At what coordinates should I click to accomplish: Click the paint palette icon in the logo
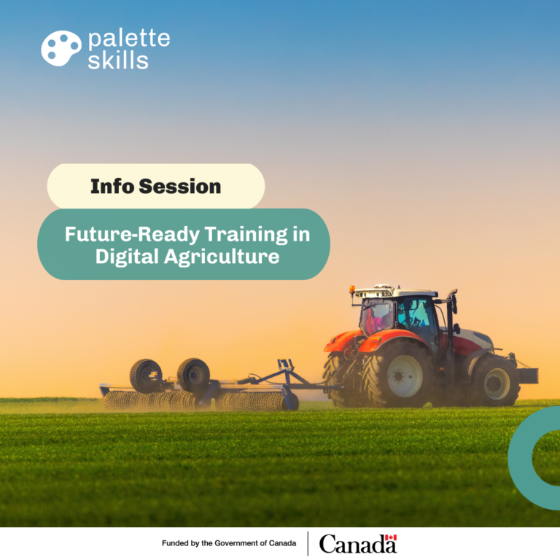[x=61, y=48]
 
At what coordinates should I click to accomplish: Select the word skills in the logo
[x=118, y=59]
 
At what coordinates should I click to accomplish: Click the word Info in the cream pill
[x=112, y=186]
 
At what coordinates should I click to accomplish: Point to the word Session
[x=180, y=187]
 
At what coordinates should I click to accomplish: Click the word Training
[x=246, y=236]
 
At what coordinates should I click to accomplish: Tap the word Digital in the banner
[x=127, y=257]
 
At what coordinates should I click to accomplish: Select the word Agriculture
[x=222, y=257]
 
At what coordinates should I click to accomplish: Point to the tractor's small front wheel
[x=497, y=381]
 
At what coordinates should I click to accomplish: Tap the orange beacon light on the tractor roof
[x=352, y=289]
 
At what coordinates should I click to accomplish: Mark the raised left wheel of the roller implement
[x=146, y=376]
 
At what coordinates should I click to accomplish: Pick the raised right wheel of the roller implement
[x=193, y=376]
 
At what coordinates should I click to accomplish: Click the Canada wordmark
[x=358, y=544]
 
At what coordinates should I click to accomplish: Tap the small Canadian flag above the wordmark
[x=391, y=537]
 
